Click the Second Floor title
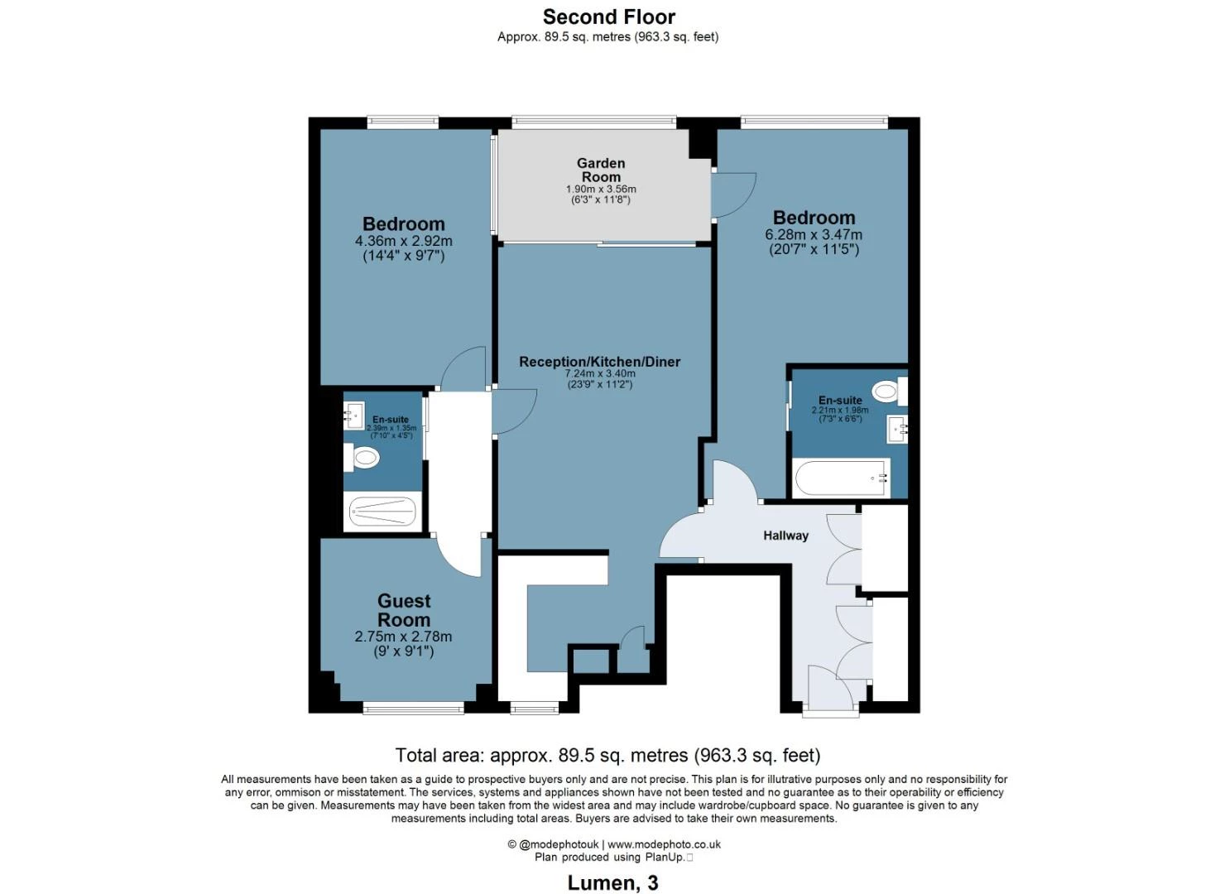point(608,17)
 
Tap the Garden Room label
point(601,171)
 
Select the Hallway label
point(785,536)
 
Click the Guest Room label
point(404,610)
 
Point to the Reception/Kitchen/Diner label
point(600,362)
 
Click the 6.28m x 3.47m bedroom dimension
point(814,235)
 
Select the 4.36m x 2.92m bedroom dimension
point(404,241)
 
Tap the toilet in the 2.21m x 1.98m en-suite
point(889,392)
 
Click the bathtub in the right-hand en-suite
point(841,478)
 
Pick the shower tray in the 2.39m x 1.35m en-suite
point(382,512)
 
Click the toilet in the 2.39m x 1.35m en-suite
point(361,457)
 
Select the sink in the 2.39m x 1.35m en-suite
point(354,416)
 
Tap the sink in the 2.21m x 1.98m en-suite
point(898,429)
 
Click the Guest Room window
point(414,709)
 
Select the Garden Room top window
point(593,122)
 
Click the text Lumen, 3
point(612,882)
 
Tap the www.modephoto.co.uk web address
point(664,844)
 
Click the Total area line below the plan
point(608,755)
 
